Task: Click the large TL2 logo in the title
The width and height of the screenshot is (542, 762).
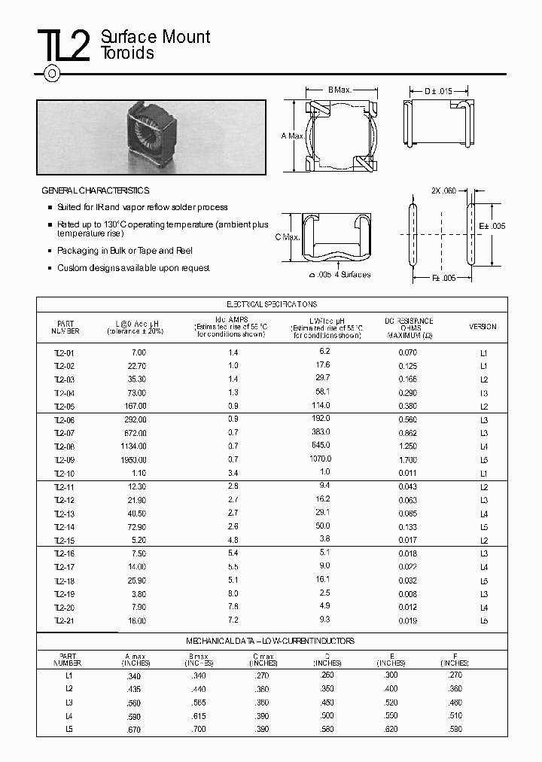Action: (63, 46)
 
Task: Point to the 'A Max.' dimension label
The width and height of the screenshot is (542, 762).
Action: (294, 136)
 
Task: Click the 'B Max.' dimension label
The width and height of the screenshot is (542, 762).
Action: (340, 90)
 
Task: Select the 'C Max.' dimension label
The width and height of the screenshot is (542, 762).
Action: (288, 237)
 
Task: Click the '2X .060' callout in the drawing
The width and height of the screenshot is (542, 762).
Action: (445, 191)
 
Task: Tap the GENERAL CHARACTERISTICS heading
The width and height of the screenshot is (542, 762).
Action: (95, 191)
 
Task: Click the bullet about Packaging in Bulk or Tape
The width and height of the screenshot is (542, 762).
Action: (126, 251)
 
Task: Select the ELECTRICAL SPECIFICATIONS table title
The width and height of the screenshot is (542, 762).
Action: (272, 304)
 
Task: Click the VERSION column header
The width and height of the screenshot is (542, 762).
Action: (483, 327)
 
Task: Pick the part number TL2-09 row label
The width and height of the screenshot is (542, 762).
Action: (64, 460)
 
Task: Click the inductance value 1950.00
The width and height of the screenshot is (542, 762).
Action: (134, 460)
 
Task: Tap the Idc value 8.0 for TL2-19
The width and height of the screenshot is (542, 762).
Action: (233, 593)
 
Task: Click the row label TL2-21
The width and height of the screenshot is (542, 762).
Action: (64, 620)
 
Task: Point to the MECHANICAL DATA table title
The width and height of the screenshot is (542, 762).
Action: (270, 642)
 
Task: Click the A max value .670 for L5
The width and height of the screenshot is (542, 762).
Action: (134, 730)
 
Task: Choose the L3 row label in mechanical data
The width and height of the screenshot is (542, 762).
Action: (69, 703)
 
